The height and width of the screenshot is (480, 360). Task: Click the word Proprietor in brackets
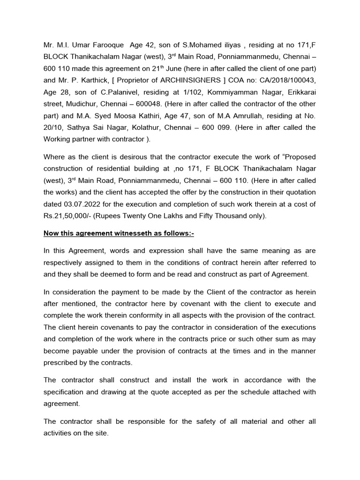pos(136,80)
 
